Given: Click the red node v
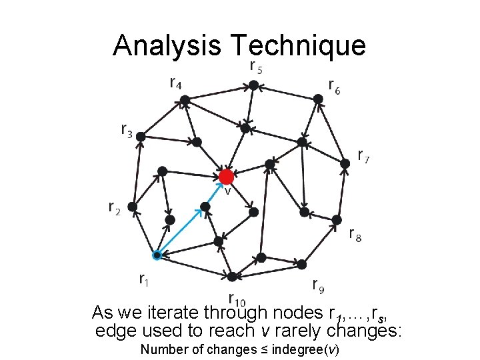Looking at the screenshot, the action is (226, 177).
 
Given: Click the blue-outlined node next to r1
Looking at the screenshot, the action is (156, 255).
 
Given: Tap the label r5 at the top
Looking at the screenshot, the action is (255, 67).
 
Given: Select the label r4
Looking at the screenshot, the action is (177, 83).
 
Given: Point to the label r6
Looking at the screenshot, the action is (334, 86).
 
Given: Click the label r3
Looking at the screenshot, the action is (127, 129).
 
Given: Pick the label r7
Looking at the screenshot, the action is (364, 157).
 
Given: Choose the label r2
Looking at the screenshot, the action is (115, 209).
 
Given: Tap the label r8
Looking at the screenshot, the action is (356, 233).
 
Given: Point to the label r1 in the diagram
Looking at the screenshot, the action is (144, 279).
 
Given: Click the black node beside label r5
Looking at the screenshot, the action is (253, 85).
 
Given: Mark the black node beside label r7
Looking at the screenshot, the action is (345, 163).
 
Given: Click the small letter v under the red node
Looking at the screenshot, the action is (227, 191).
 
